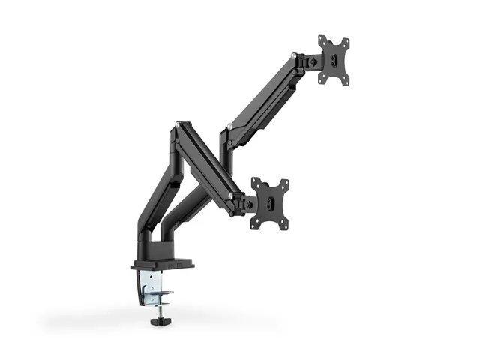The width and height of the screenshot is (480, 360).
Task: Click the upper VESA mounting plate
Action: tap(334, 60)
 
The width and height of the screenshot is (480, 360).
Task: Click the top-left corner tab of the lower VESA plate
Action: tap(255, 181)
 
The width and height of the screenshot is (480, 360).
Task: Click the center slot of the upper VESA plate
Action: tap(334, 60)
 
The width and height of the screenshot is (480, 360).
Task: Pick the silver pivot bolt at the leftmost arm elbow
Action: tap(177, 125)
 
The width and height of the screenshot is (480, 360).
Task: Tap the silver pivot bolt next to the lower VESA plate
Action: tap(229, 196)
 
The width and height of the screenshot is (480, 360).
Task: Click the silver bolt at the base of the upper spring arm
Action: tap(228, 123)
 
